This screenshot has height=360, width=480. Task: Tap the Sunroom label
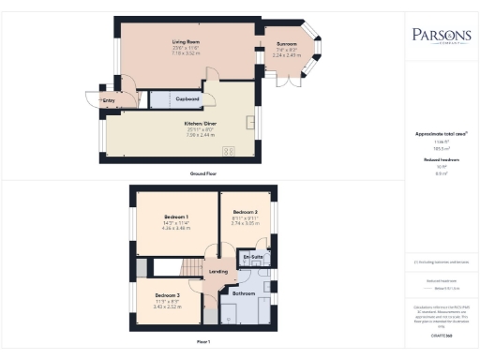click(287, 43)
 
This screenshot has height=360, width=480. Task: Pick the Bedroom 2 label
click(245, 213)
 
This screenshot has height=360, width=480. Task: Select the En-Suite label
click(252, 256)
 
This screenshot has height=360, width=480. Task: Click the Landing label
click(218, 272)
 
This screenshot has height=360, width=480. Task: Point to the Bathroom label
click(244, 293)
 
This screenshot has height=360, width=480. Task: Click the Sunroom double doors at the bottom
click(286, 81)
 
